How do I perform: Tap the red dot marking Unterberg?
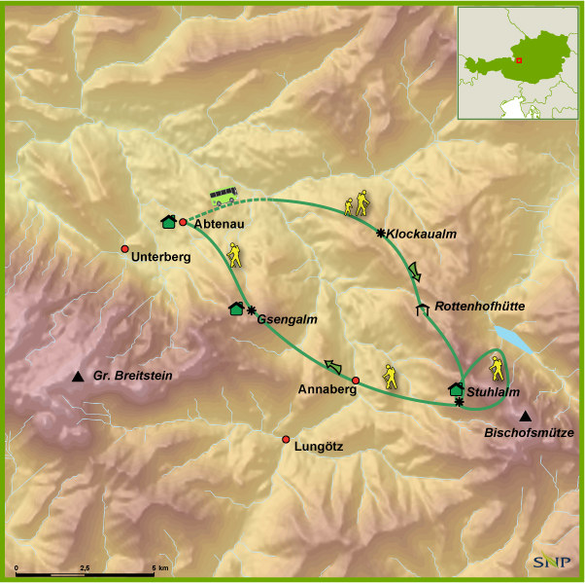(124, 249)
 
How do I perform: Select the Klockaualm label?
(421, 235)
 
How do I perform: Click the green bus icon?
(225, 197)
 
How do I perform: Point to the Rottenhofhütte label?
(480, 306)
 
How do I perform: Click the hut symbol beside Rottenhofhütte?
(422, 310)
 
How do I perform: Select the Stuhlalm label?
(491, 391)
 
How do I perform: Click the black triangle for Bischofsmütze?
(526, 417)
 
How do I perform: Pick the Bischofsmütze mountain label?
(530, 433)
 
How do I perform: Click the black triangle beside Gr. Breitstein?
(78, 377)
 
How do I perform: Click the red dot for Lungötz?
(286, 439)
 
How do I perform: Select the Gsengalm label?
(287, 318)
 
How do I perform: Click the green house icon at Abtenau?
(168, 221)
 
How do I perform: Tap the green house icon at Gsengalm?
(236, 309)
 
